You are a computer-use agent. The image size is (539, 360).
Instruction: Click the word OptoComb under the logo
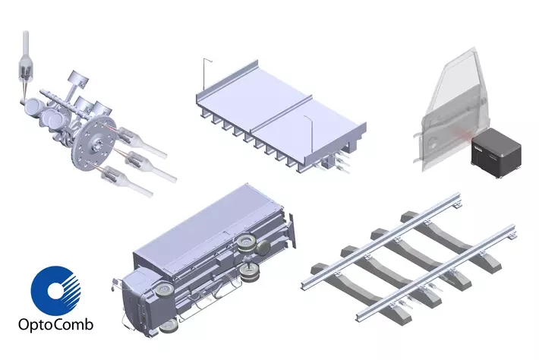coord(55,324)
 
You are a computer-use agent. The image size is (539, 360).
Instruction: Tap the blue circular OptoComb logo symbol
coord(55,291)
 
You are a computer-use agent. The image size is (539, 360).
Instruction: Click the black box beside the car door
coord(496,152)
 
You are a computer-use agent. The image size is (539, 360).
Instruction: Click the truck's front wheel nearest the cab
coord(165,290)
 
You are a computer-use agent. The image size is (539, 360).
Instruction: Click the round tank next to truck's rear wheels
coord(263,248)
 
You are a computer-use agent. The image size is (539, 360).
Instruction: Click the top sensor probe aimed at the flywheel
coord(141,142)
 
